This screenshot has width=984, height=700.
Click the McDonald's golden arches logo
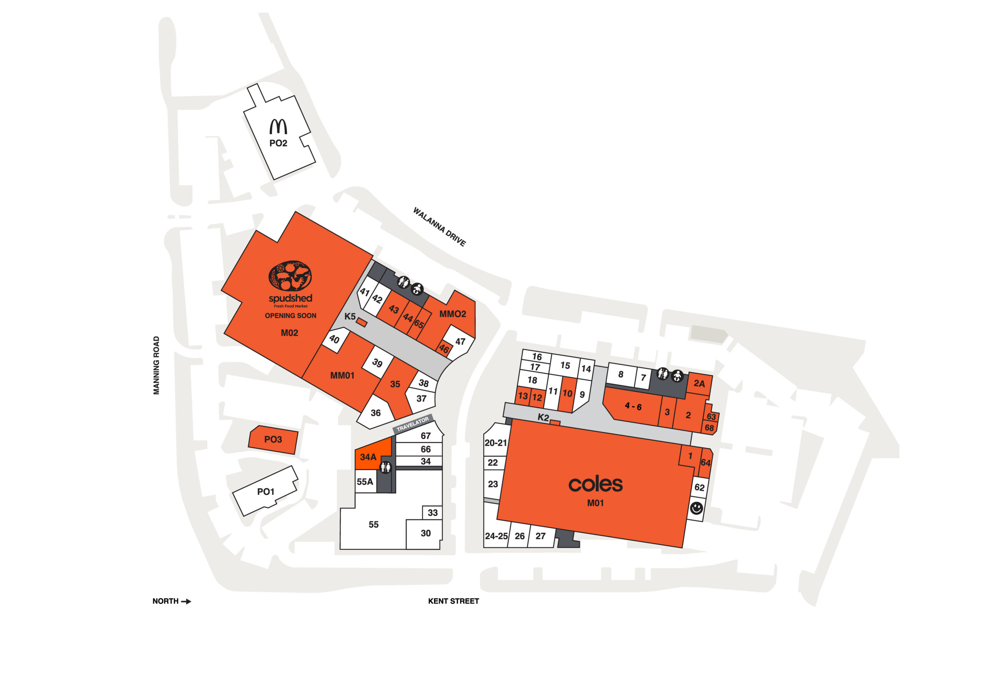point(278,126)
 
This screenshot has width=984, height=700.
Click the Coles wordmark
point(595,484)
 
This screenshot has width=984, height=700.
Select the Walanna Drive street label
point(439,227)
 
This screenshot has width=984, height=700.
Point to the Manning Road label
point(156,365)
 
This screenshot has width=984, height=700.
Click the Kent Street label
point(453,601)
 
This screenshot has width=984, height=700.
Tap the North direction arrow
point(186,601)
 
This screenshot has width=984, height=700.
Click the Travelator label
point(412,424)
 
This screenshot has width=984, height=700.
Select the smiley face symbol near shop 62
point(696,508)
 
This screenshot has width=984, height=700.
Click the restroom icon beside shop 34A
point(386,467)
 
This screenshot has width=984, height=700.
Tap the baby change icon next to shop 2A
point(677,376)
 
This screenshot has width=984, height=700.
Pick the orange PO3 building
point(273,440)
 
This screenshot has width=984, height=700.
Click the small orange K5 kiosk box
point(362,323)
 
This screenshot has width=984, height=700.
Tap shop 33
point(432,512)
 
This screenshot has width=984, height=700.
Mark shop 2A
point(699,384)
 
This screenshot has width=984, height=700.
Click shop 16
point(537,356)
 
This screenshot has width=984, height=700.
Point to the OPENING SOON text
point(291,316)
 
